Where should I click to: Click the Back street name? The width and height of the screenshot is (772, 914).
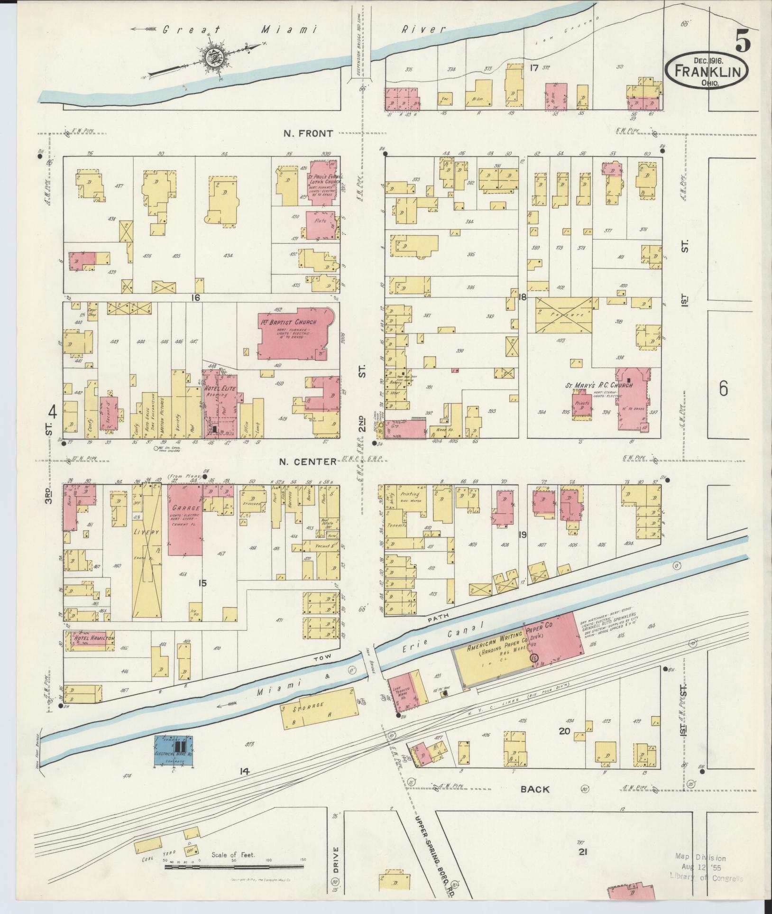pyautogui.click(x=535, y=789)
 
